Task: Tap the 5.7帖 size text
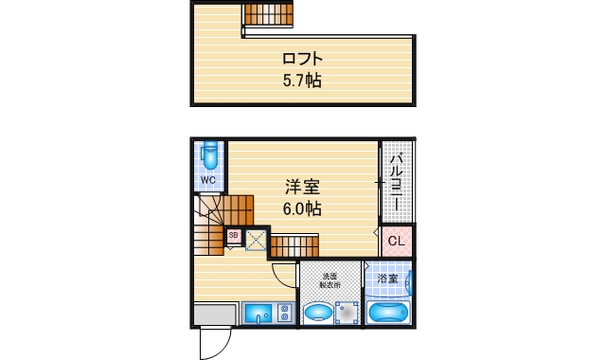coord(302,81)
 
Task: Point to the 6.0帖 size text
coord(302,209)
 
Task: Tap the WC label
coord(208,179)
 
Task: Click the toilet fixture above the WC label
coord(209,154)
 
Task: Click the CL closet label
coord(398,241)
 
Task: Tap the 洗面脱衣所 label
coord(329,279)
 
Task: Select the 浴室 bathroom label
coord(386,279)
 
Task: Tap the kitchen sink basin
coord(258,314)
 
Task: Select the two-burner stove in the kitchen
coord(284,314)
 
